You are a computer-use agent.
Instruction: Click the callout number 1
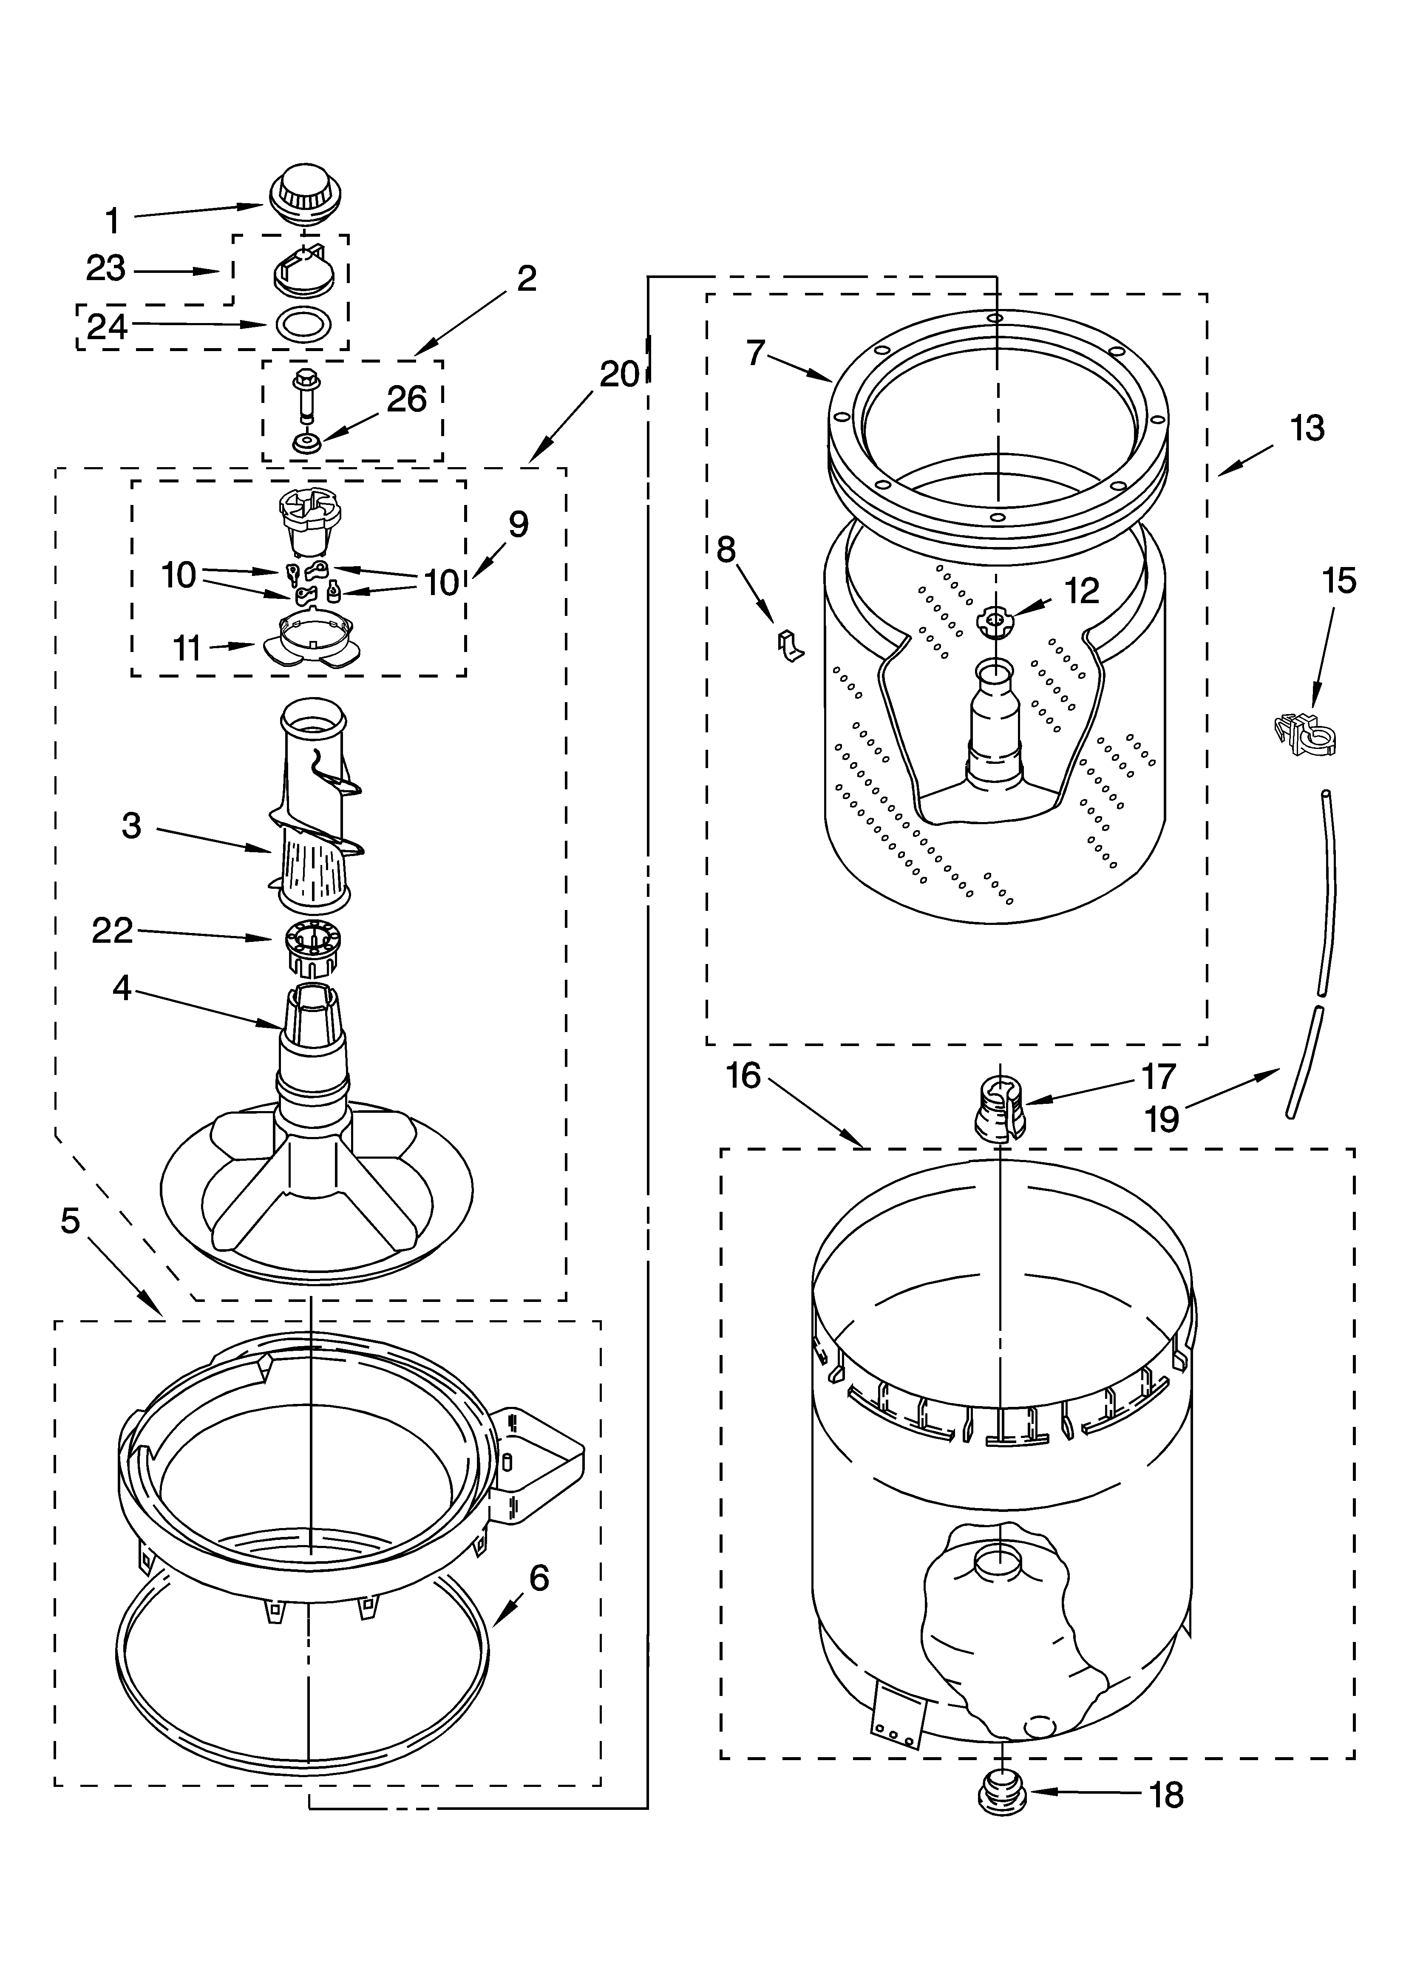point(113,221)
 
